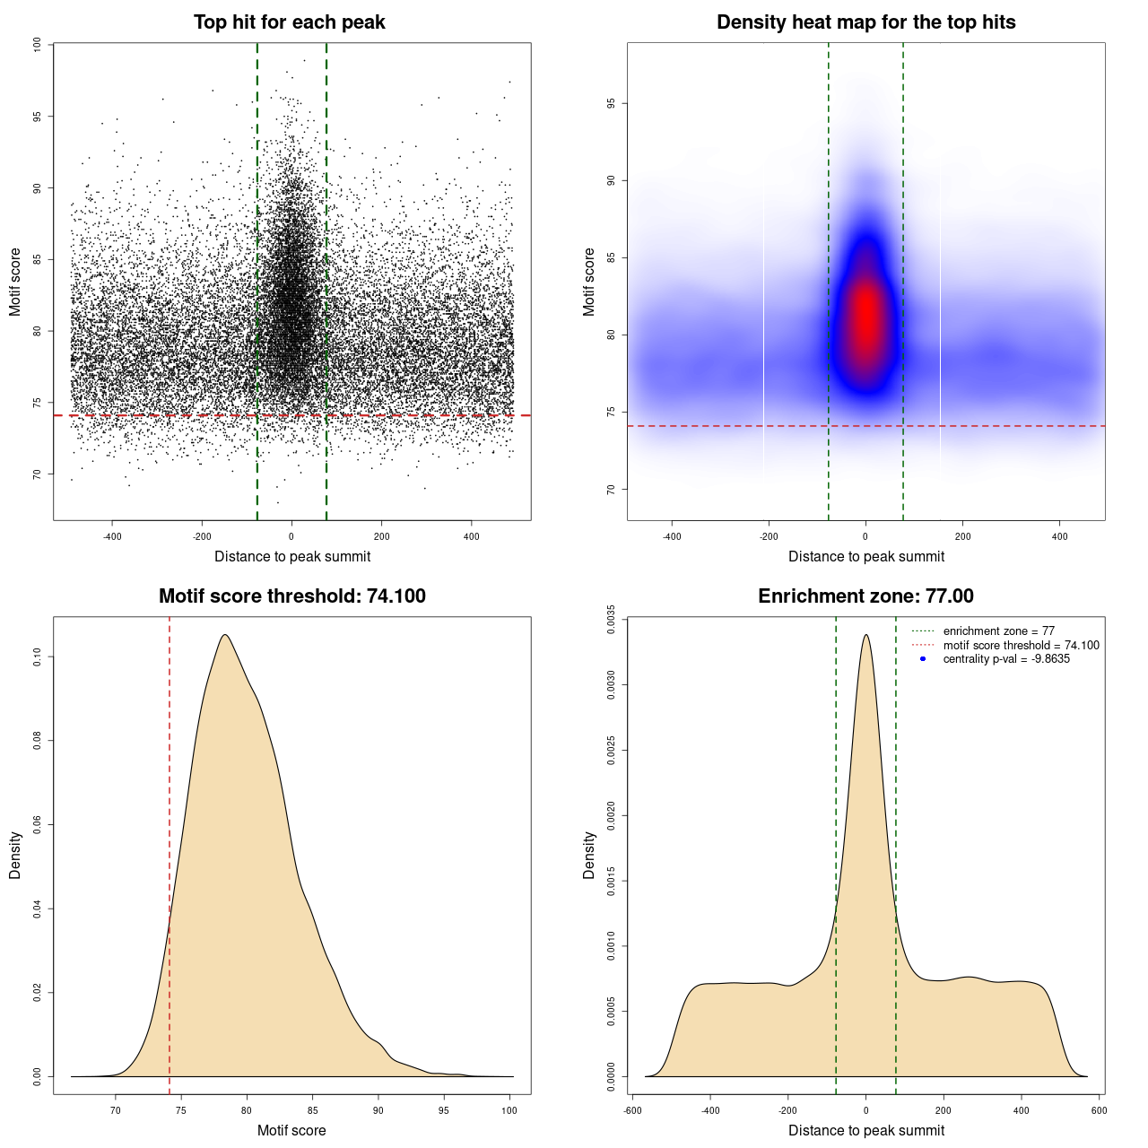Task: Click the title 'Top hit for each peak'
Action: pyautogui.click(x=289, y=22)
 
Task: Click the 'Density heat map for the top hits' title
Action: pyautogui.click(x=865, y=22)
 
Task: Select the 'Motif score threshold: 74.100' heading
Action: pyautogui.click(x=291, y=596)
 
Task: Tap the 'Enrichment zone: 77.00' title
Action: pyautogui.click(x=865, y=596)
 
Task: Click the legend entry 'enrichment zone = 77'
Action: pyautogui.click(x=998, y=631)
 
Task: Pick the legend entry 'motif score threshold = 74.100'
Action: pyautogui.click(x=1021, y=645)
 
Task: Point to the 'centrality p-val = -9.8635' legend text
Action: pyautogui.click(x=1006, y=659)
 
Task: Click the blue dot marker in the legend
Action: pyautogui.click(x=923, y=659)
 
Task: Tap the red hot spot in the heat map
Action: pyautogui.click(x=865, y=318)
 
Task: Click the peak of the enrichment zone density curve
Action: pyautogui.click(x=865, y=635)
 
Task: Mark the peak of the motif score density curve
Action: pyautogui.click(x=225, y=635)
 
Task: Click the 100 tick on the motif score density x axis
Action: pyautogui.click(x=509, y=1110)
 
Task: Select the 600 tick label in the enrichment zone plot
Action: pyautogui.click(x=1099, y=1110)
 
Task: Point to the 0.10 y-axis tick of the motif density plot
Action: pyautogui.click(x=37, y=657)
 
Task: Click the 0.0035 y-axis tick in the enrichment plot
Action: pyautogui.click(x=611, y=620)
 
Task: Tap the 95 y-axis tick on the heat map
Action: pyautogui.click(x=611, y=104)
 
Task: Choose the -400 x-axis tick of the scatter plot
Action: pyautogui.click(x=112, y=536)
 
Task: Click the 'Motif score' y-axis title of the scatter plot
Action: pyautogui.click(x=15, y=282)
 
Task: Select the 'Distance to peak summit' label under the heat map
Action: pyautogui.click(x=865, y=557)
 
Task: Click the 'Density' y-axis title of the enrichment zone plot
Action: pyautogui.click(x=589, y=855)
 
